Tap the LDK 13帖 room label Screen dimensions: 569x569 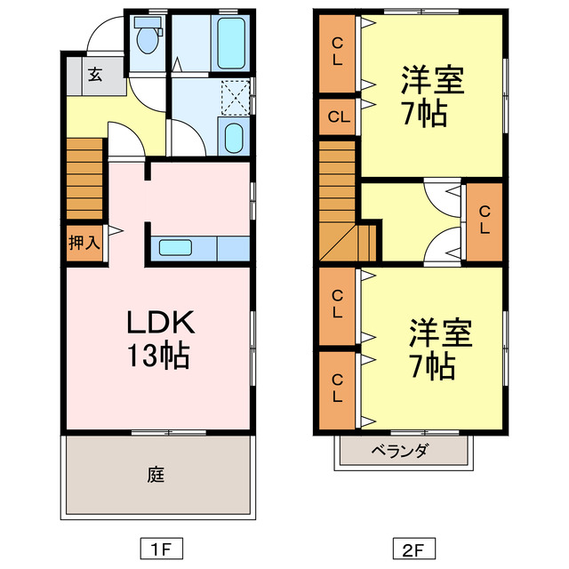click(x=159, y=339)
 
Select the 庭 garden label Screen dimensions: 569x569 click(x=156, y=475)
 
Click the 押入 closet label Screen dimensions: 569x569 click(x=84, y=243)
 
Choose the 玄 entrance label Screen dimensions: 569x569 click(x=94, y=75)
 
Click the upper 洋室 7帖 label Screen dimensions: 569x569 click(x=421, y=98)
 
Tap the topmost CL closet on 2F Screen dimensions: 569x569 click(x=338, y=53)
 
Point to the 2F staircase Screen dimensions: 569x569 click(x=341, y=204)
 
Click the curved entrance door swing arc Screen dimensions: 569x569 click(x=100, y=36)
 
